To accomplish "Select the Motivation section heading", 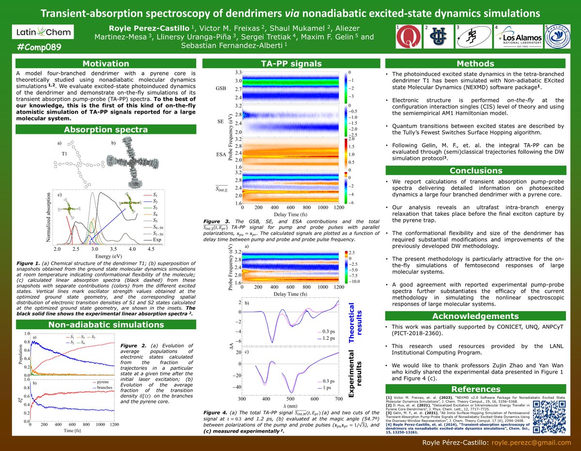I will pyautogui.click(x=106, y=64).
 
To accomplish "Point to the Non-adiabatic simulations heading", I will pyautogui.click(x=106, y=324).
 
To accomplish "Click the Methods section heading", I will pyautogui.click(x=474, y=64).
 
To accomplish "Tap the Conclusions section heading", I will pyautogui.click(x=474, y=170).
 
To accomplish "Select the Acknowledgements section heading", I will pyautogui.click(x=474, y=316).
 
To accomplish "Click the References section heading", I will pyautogui.click(x=474, y=389).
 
